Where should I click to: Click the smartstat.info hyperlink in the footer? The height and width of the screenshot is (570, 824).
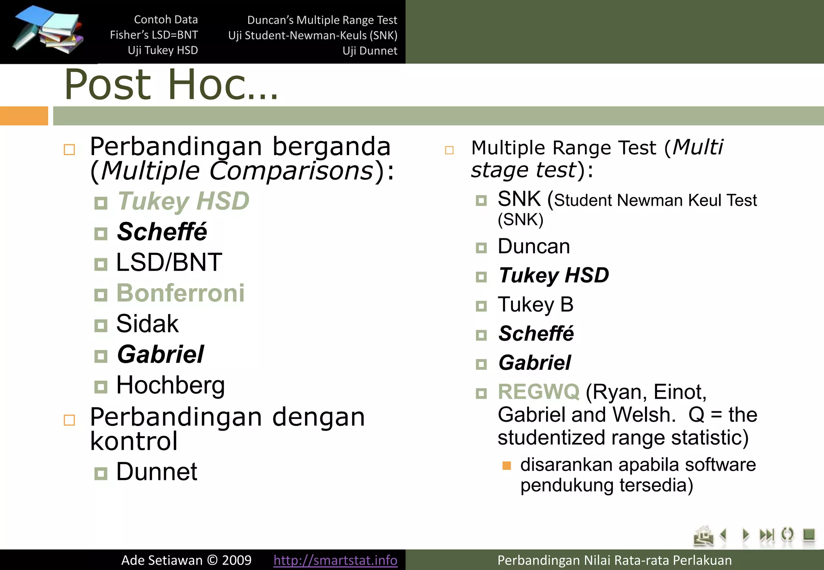coord(335,560)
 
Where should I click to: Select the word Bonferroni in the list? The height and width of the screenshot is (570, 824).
coord(180,293)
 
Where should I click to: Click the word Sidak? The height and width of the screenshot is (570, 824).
coord(147,324)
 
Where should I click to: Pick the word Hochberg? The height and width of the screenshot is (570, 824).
coord(170,385)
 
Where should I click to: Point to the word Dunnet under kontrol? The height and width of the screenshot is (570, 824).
coord(157,472)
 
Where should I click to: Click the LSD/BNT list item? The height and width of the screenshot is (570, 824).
coord(169,262)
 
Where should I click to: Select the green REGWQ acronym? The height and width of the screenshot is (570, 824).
coord(538,392)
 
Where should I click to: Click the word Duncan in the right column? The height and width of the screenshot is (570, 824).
coord(534,246)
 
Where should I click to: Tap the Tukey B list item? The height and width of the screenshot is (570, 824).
coord(535,304)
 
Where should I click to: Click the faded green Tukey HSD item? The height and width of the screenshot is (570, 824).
coord(183,201)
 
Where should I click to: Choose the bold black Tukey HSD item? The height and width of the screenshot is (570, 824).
coord(554,275)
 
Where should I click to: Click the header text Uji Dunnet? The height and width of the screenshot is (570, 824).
coord(370,51)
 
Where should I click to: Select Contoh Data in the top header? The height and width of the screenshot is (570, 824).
coord(166,19)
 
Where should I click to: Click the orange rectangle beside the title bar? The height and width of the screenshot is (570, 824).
coord(24,116)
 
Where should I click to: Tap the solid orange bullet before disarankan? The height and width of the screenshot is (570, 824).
coord(507,466)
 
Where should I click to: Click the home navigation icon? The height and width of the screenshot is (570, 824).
coord(703,536)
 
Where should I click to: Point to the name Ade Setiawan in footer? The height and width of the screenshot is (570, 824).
coord(162,560)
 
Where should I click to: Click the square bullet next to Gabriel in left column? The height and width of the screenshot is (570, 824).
coord(101,356)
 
